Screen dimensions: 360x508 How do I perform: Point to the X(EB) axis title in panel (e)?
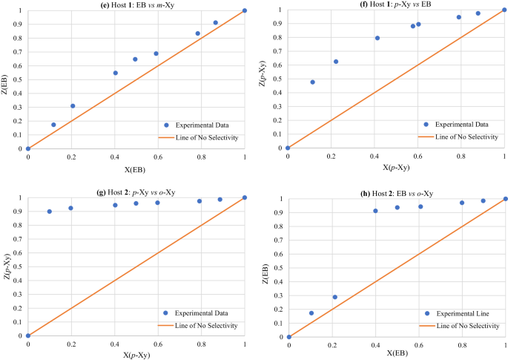[135, 168]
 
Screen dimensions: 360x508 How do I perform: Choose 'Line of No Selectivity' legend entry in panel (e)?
[202, 137]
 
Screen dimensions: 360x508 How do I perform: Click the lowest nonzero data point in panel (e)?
[53, 125]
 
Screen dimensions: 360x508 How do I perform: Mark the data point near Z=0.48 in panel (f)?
[312, 82]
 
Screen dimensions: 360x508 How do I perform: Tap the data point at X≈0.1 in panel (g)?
[50, 212]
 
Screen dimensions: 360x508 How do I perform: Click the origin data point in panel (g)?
[27, 336]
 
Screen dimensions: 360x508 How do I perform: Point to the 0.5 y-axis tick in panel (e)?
[17, 79]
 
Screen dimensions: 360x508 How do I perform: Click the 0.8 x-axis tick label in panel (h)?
[462, 346]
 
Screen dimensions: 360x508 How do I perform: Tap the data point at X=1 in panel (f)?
[504, 10]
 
